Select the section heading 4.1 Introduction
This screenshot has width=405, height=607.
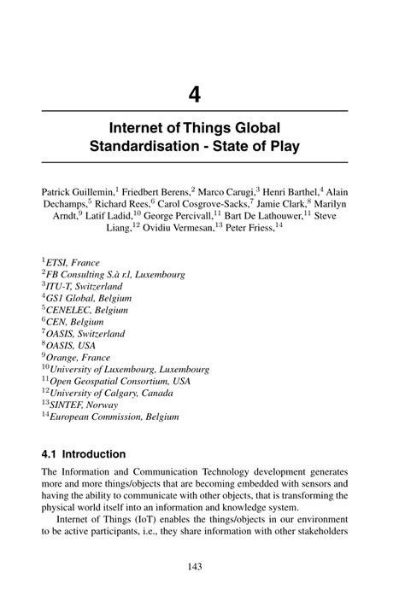[x=83, y=454]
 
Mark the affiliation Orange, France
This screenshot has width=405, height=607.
[x=78, y=358]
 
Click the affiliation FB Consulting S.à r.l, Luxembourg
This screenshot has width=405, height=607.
[x=116, y=275]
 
